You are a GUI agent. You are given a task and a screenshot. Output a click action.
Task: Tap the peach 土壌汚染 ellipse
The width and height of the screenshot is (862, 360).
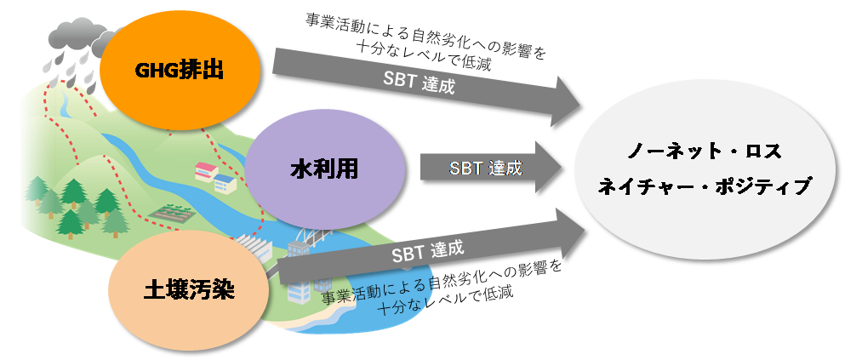pos(188,289)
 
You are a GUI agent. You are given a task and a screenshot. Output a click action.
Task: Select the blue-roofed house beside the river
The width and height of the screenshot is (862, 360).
pos(226,180)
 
